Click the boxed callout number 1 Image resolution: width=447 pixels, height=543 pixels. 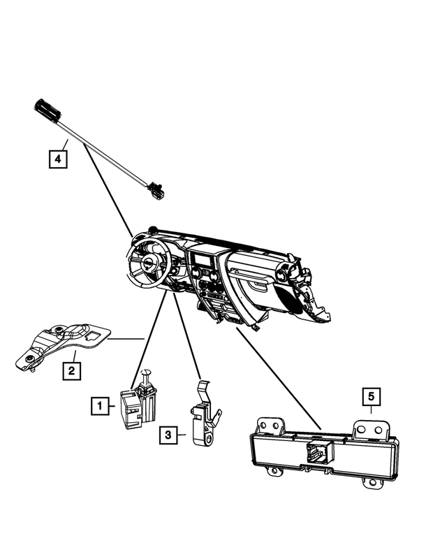pos(101,405)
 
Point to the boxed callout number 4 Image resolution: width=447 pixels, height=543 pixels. pos(58,159)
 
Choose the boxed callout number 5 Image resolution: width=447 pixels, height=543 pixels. pos(371,397)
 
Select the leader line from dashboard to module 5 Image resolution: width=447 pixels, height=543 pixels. pos(279,378)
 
